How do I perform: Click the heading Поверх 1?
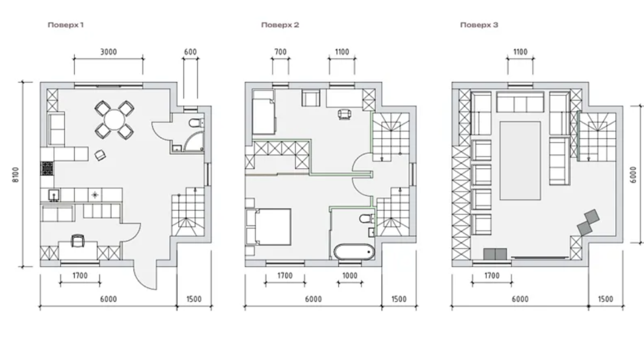point(66,25)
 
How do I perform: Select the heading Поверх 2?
point(280,25)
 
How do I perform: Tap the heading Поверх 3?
point(479,25)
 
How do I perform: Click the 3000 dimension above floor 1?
point(108,52)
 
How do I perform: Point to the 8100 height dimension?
point(16,175)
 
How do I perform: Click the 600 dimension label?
point(190,52)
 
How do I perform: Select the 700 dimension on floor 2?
point(280,52)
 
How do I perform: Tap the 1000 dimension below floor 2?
point(350,276)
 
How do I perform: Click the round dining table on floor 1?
point(114,120)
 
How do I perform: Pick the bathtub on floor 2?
point(354,252)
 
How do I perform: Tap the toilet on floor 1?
point(196,123)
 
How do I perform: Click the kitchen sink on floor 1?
point(54,195)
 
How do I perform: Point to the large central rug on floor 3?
point(520,160)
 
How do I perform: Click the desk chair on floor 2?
point(345,114)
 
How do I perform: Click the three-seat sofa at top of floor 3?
point(520,102)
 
